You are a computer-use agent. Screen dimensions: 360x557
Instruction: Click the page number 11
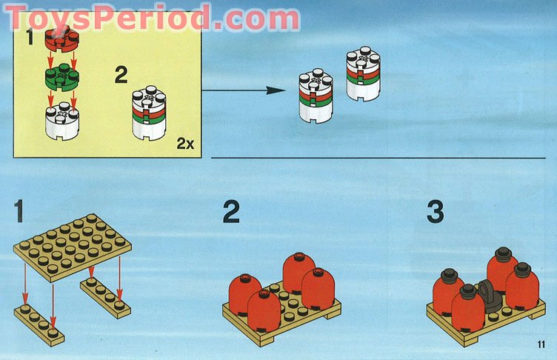pyautogui.click(x=541, y=343)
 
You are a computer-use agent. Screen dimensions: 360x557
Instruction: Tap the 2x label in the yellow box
pyautogui.click(x=185, y=144)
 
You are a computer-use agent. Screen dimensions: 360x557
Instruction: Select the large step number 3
pyautogui.click(x=435, y=211)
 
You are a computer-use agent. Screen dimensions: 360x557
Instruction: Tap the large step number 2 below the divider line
pyautogui.click(x=232, y=211)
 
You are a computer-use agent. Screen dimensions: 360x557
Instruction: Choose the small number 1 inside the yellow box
pyautogui.click(x=30, y=37)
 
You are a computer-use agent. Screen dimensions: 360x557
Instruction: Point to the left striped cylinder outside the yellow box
pyautogui.click(x=316, y=96)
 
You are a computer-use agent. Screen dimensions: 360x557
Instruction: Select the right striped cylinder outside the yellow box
pyautogui.click(x=364, y=75)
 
